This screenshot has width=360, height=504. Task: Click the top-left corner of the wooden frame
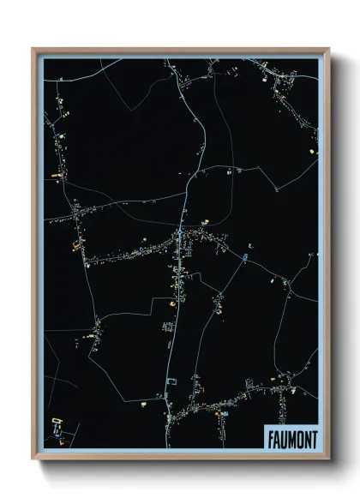33,49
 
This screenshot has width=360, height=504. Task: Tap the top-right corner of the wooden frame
327,49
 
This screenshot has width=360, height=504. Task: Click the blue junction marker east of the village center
247,254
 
